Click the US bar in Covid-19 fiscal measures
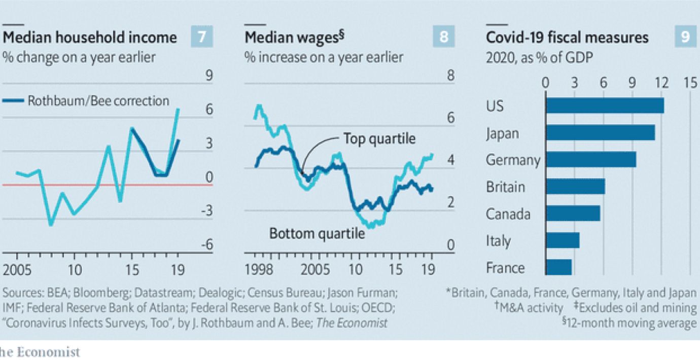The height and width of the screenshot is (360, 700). tap(605, 105)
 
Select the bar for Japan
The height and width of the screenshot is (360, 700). tap(600, 132)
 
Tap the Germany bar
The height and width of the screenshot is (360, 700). tap(591, 159)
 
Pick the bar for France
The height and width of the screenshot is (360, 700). tap(558, 267)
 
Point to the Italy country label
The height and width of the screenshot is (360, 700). tap(498, 240)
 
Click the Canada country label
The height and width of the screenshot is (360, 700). tap(508, 213)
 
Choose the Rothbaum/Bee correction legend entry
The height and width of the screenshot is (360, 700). tap(90, 100)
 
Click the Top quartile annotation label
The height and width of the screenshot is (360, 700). tap(379, 138)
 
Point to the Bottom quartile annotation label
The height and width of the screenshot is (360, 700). tap(317, 234)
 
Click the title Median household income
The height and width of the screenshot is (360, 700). tap(90, 38)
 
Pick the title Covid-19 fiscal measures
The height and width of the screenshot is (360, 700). tap(567, 38)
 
